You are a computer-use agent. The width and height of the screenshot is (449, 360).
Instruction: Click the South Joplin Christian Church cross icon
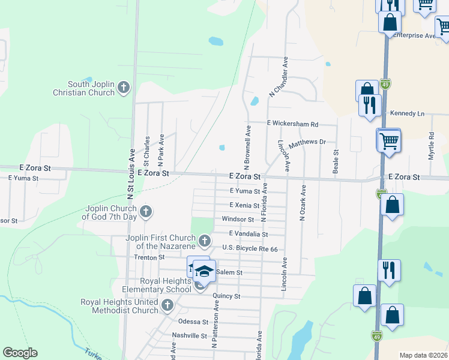point(124,88)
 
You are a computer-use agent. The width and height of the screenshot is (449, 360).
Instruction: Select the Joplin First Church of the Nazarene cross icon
point(205,241)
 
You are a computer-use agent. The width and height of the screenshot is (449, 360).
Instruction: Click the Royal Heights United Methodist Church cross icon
point(167,306)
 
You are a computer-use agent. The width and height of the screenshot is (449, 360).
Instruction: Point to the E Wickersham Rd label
point(292,124)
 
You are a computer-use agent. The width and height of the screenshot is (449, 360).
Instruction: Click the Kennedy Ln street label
point(407,113)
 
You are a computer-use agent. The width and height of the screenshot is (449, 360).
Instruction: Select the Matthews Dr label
point(307,144)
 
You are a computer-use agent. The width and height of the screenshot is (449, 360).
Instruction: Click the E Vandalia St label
point(247,234)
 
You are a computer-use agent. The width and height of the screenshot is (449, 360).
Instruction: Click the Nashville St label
point(189,335)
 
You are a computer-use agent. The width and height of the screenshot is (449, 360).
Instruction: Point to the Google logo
point(20,353)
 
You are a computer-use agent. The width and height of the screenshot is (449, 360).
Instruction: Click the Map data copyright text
point(424,355)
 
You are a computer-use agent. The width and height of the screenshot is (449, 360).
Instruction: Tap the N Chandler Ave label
point(280,77)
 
